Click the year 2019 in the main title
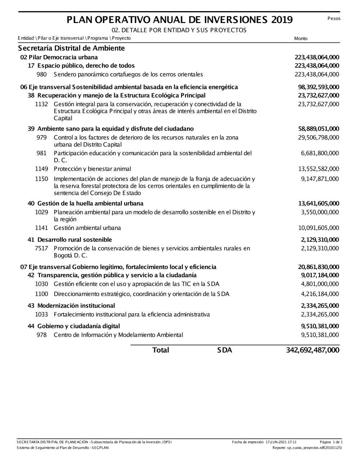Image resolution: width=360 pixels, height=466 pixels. tap(282, 20)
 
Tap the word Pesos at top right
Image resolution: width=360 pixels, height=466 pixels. tap(334, 18)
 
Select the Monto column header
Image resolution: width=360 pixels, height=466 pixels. tap(301, 39)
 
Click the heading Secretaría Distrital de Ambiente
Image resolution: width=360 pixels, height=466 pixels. tap(71, 48)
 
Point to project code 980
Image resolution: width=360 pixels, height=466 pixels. tap(42, 75)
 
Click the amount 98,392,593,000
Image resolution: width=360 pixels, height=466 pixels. tap(319, 87)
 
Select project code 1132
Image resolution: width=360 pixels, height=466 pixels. tap(41, 104)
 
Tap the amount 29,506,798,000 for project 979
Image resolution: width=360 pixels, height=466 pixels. tap(319, 138)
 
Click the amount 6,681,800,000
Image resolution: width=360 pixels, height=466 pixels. tap(320, 153)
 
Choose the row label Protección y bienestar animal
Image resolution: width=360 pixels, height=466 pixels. tap(92, 169)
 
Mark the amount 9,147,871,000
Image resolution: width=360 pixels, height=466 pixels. tap(320, 179)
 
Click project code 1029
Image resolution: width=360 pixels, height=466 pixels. tap(41, 212)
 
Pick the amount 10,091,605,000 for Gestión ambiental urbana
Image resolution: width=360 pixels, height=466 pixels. tap(319, 228)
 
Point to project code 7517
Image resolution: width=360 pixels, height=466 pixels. tap(41, 248)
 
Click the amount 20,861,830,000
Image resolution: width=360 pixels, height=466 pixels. tap(319, 267)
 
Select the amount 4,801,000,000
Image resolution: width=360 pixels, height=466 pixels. tap(320, 284)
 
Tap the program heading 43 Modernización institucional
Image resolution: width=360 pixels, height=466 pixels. tap(71, 306)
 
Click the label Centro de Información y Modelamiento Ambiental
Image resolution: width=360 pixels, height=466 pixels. tap(118, 335)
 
